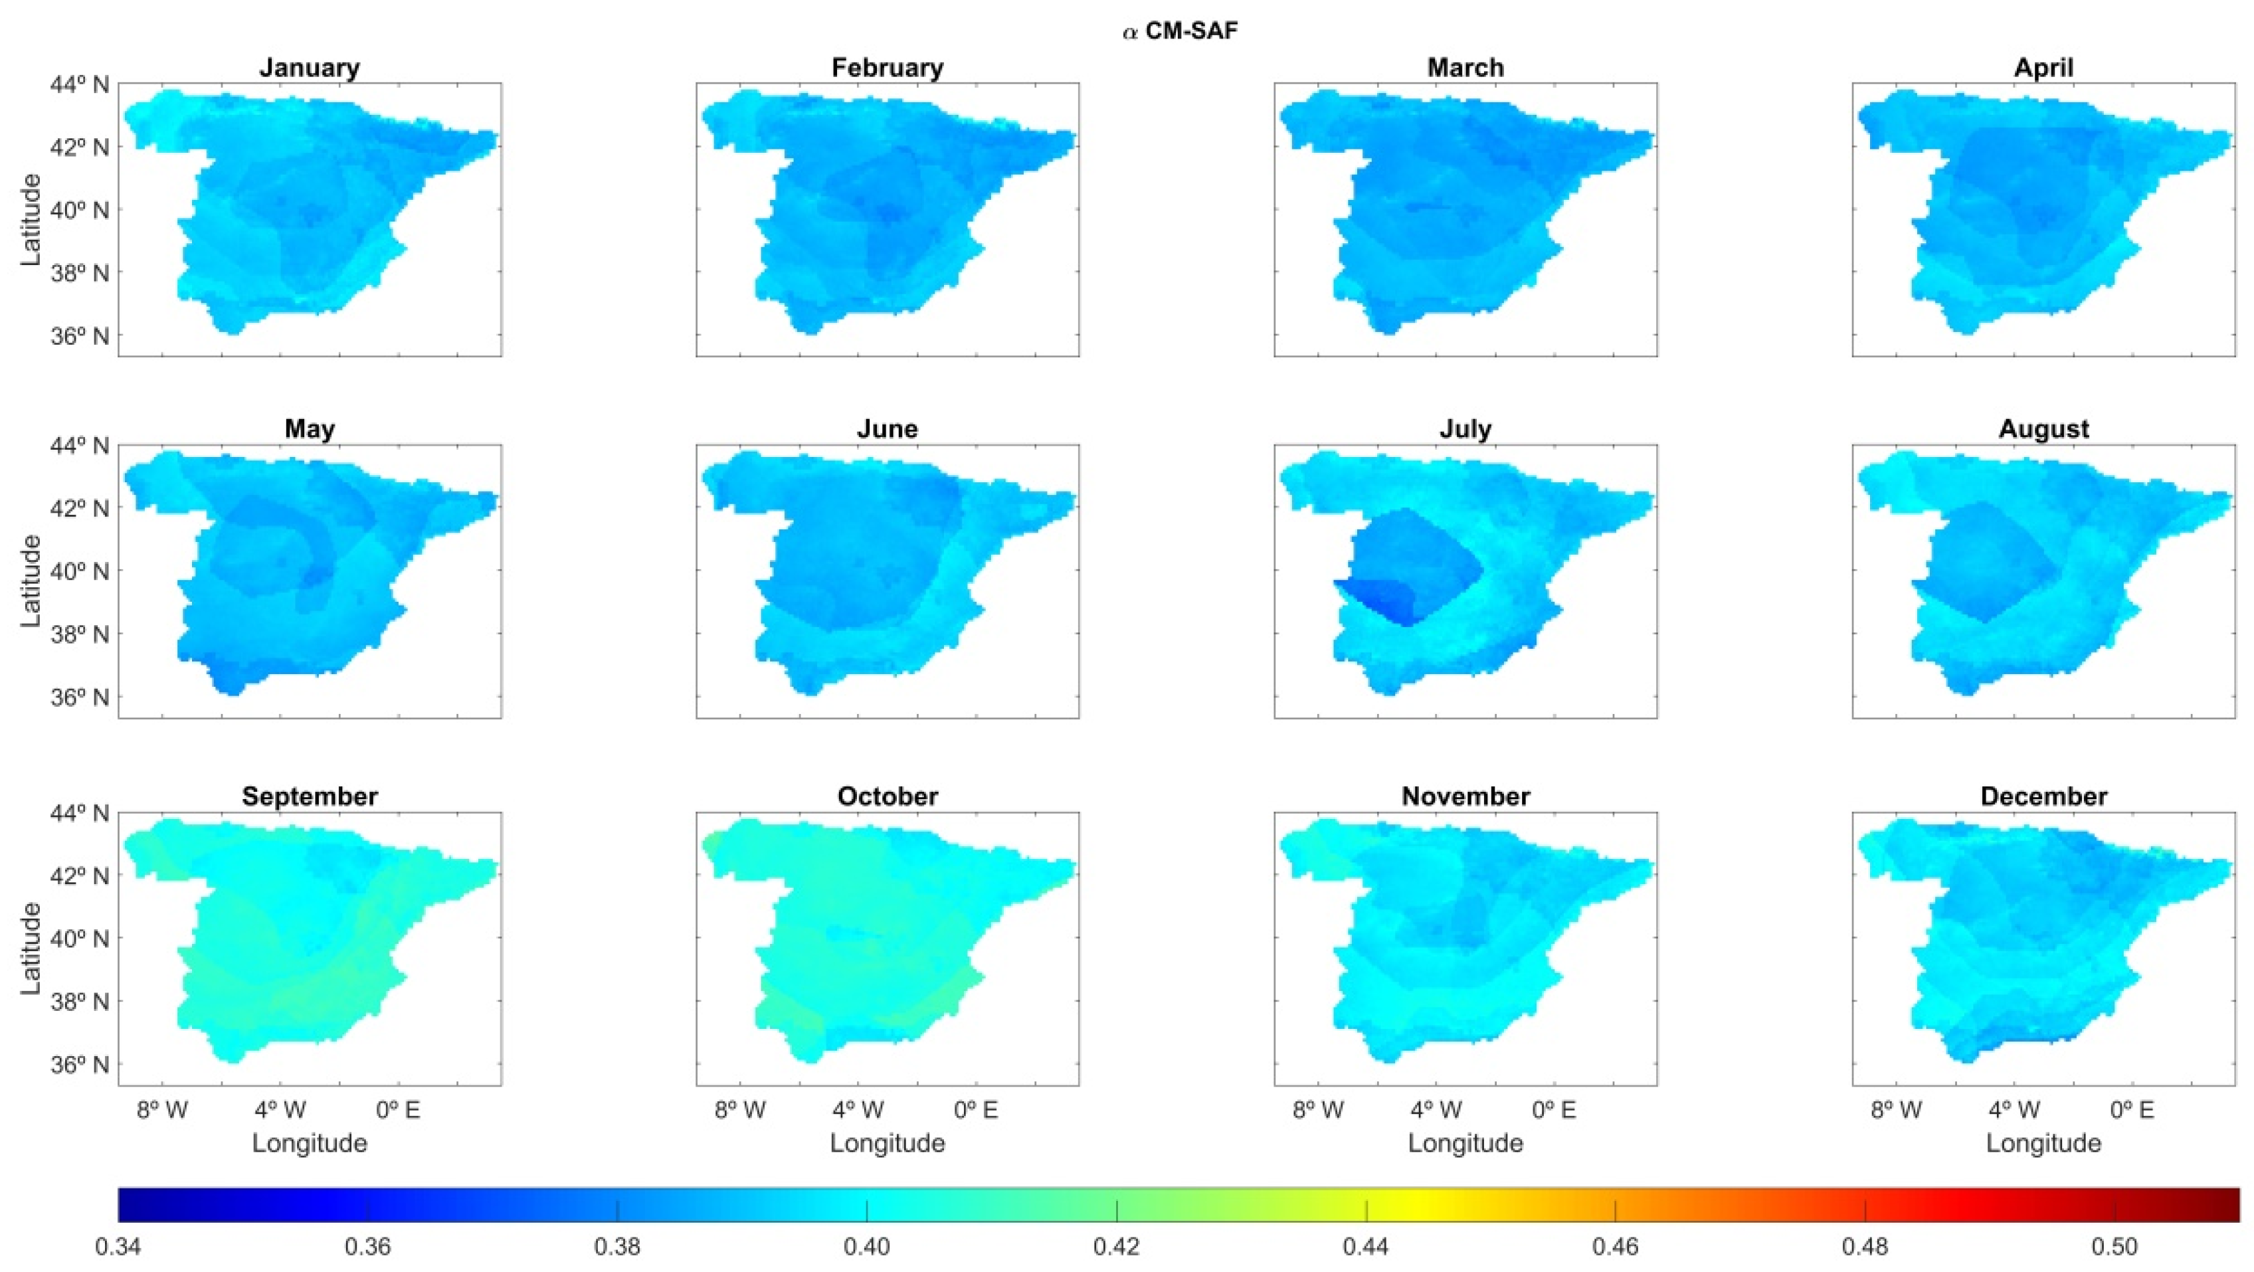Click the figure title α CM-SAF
(x=1180, y=33)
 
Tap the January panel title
(x=310, y=68)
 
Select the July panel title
(x=1465, y=430)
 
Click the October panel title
(x=888, y=797)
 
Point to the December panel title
(x=2043, y=797)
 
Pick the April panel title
(x=2043, y=68)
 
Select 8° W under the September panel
(x=163, y=1110)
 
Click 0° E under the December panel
(x=2132, y=1110)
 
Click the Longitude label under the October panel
(x=888, y=1143)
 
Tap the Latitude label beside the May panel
(x=31, y=581)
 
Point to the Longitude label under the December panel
(x=2043, y=1143)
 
